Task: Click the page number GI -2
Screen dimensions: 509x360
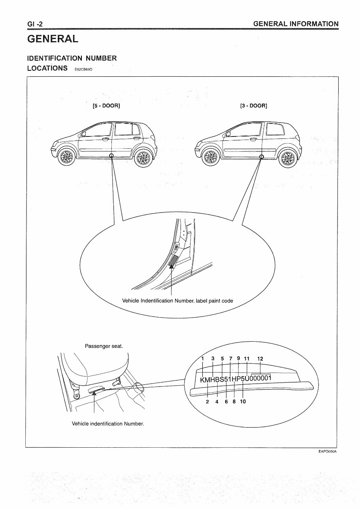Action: [x=35, y=25]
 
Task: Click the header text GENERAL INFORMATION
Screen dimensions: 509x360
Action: [x=296, y=24]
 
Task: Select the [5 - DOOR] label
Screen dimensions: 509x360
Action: [x=106, y=106]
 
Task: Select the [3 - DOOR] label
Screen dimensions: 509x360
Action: [x=253, y=106]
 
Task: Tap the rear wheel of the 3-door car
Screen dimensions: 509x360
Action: [x=286, y=159]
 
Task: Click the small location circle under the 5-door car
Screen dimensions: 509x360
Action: [x=111, y=155]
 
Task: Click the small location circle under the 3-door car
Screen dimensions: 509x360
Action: [x=261, y=157]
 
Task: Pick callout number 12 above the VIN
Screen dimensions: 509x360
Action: [x=260, y=359]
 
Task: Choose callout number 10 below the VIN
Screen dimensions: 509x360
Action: [x=243, y=401]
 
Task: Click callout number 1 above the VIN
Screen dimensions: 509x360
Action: [x=203, y=359]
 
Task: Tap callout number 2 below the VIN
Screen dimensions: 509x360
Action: [x=207, y=401]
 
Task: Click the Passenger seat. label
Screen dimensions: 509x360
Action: [x=104, y=346]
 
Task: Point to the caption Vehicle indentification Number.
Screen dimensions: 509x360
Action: [x=107, y=424]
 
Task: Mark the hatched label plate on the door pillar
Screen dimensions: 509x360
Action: [x=173, y=261]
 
